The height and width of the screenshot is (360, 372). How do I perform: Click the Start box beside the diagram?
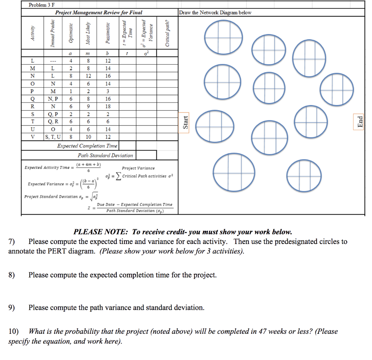(x=186, y=122)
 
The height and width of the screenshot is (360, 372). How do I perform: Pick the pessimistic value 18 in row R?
(x=108, y=106)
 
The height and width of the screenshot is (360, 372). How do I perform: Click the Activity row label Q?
(x=33, y=99)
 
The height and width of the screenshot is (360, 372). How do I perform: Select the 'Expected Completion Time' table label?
(x=87, y=146)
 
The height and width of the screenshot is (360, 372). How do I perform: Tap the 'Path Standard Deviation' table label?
(x=105, y=155)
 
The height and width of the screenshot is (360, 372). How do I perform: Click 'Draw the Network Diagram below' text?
(x=215, y=13)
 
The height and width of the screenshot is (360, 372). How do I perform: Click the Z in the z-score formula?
(x=89, y=208)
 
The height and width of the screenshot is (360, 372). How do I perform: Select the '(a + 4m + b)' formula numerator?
(x=89, y=164)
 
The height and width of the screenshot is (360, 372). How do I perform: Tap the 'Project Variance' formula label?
(x=138, y=168)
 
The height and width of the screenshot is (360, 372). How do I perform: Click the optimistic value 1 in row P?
(x=71, y=91)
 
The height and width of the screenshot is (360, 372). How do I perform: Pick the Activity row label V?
(x=33, y=137)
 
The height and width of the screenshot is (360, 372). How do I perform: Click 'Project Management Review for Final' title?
(x=98, y=13)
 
